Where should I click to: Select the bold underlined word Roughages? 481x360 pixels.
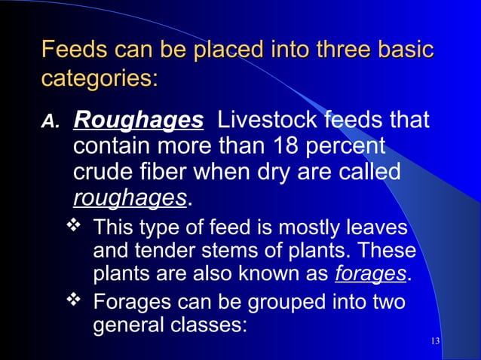[138, 121]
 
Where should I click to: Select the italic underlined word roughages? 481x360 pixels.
[130, 198]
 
